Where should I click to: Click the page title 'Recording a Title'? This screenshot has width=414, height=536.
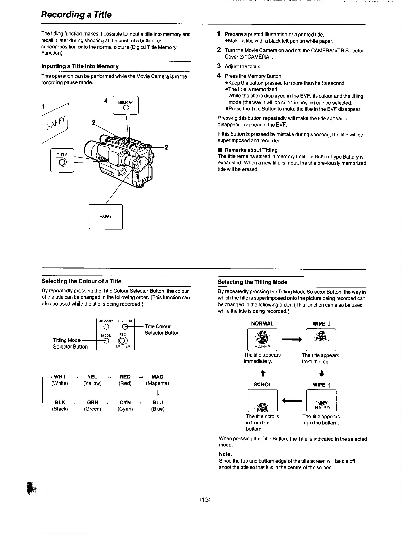(x=76, y=15)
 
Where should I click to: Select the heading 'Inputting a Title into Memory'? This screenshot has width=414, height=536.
(x=80, y=66)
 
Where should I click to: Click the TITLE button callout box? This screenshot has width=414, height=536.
(x=62, y=160)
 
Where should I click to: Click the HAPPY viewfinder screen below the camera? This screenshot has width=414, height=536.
(x=106, y=217)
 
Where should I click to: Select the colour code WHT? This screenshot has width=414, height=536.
(x=60, y=377)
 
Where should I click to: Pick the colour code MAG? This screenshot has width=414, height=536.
(x=157, y=377)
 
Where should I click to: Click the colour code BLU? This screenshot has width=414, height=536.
(x=158, y=402)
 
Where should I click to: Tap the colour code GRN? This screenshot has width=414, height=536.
(x=93, y=402)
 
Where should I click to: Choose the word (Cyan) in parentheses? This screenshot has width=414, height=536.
(x=125, y=409)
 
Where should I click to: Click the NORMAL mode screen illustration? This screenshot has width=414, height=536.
(x=262, y=339)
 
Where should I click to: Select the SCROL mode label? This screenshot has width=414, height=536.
(x=262, y=384)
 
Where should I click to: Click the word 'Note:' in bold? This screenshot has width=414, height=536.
(x=225, y=454)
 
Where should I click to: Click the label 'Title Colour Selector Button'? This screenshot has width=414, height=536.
(x=162, y=330)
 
